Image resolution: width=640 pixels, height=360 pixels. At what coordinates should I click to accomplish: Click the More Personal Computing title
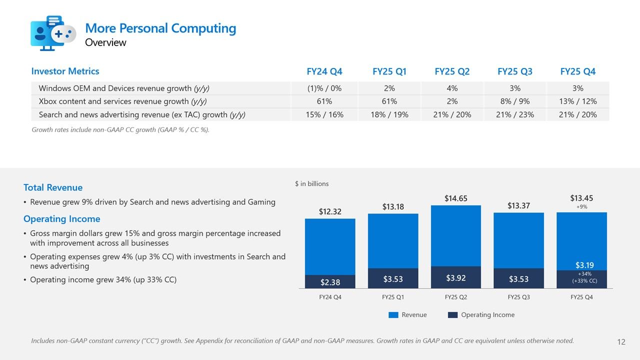[x=160, y=28]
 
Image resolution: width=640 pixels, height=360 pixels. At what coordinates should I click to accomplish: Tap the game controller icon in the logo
[x=63, y=34]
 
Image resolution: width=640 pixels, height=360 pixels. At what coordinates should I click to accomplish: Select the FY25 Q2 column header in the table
[x=452, y=71]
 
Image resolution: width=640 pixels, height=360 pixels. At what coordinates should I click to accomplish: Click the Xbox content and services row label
[x=122, y=101]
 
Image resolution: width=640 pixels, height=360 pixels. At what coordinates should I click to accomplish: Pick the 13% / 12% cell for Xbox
[x=577, y=101]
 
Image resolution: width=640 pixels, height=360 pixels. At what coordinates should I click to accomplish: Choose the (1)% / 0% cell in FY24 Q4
[x=324, y=88]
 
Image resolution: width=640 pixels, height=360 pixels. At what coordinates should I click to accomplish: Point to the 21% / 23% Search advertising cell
[x=515, y=114]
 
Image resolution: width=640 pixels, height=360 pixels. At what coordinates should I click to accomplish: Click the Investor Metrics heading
[x=65, y=71]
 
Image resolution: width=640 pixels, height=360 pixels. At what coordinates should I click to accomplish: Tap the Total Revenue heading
[x=53, y=187]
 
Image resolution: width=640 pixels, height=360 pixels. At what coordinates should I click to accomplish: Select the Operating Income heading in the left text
[x=61, y=219]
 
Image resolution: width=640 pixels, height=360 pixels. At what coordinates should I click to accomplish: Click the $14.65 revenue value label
[x=455, y=198]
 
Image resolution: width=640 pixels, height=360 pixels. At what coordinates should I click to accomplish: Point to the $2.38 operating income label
[x=330, y=282]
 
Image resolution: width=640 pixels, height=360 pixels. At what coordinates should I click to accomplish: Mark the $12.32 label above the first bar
[x=330, y=211]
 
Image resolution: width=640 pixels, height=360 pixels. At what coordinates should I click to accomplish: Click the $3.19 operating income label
[x=584, y=265]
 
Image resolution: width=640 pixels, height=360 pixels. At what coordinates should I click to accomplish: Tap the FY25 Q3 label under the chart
[x=518, y=297]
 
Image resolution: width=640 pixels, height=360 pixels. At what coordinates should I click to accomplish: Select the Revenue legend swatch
[x=393, y=315]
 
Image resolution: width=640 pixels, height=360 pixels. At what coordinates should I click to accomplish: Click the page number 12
[x=621, y=342]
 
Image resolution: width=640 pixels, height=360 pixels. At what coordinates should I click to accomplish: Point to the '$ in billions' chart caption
[x=312, y=183]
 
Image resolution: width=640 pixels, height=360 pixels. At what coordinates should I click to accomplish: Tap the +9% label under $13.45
[x=581, y=206]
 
